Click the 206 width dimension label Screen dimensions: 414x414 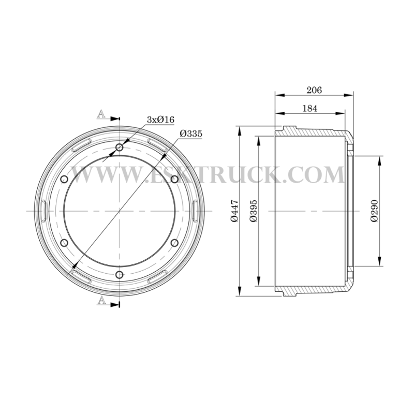click(x=314, y=90)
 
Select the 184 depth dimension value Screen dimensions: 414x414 click(x=309, y=108)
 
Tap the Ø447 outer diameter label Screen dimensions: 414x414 click(x=235, y=211)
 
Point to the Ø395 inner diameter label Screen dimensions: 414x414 click(x=253, y=211)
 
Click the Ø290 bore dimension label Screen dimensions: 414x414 click(x=374, y=211)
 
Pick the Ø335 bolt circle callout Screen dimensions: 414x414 click(x=191, y=134)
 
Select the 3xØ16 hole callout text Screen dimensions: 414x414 click(x=160, y=120)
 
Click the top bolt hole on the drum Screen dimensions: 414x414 click(x=120, y=147)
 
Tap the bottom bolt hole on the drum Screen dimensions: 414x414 click(x=120, y=275)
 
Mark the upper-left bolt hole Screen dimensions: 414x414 click(x=64, y=179)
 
